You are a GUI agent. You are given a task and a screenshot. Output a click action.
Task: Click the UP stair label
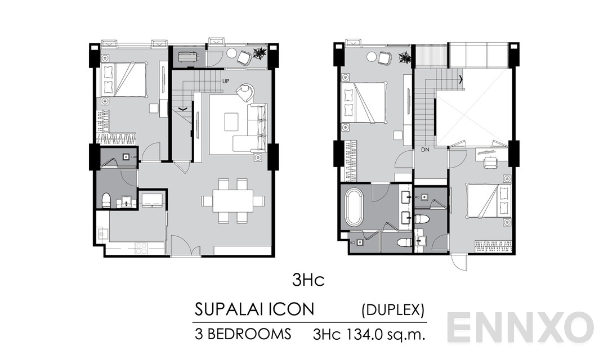click(x=226, y=81)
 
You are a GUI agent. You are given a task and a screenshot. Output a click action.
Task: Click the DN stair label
click(x=426, y=150)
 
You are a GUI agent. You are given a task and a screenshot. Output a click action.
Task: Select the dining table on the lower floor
click(x=233, y=200)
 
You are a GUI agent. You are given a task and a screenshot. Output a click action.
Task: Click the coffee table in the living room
click(x=231, y=122)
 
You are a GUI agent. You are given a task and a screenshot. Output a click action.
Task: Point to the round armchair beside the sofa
click(x=245, y=92)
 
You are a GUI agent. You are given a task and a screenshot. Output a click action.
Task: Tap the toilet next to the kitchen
click(x=105, y=200)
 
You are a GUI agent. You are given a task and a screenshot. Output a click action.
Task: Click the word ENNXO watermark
click(x=521, y=327)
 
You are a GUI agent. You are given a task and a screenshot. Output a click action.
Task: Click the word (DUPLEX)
click(x=392, y=310)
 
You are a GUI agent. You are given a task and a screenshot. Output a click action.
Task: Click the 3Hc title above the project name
click(x=308, y=280)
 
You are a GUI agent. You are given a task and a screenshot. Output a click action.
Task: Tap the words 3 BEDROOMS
click(x=243, y=334)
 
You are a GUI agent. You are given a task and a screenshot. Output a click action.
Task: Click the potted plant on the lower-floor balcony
click(x=261, y=53)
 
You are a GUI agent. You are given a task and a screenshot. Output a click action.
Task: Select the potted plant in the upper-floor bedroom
click(x=404, y=57)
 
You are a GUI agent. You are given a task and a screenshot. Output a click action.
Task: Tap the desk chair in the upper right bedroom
click(x=490, y=162)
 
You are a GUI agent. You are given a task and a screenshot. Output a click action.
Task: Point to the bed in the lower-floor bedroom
click(x=125, y=79)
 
